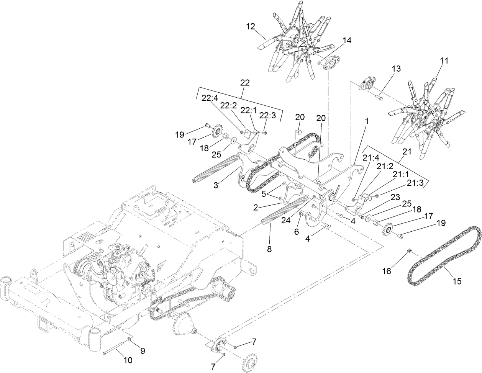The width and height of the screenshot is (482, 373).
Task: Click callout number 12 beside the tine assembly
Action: coord(250,26)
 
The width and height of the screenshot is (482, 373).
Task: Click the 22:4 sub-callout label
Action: coord(210,98)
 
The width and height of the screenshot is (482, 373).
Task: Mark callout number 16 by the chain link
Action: coord(387,271)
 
